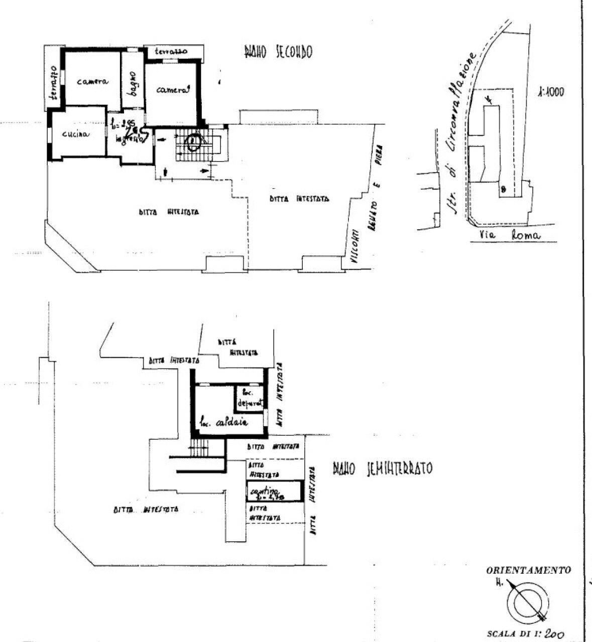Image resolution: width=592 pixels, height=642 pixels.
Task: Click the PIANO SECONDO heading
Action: [278, 52]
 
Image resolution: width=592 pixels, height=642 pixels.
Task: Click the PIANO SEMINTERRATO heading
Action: [382, 469]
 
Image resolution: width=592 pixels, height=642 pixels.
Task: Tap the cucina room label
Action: [76, 134]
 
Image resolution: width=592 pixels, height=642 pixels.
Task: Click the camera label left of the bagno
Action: [93, 81]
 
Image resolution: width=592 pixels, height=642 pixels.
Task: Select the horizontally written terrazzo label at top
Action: [171, 52]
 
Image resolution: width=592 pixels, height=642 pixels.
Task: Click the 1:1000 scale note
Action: [550, 92]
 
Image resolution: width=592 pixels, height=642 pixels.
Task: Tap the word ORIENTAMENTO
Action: [528, 570]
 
